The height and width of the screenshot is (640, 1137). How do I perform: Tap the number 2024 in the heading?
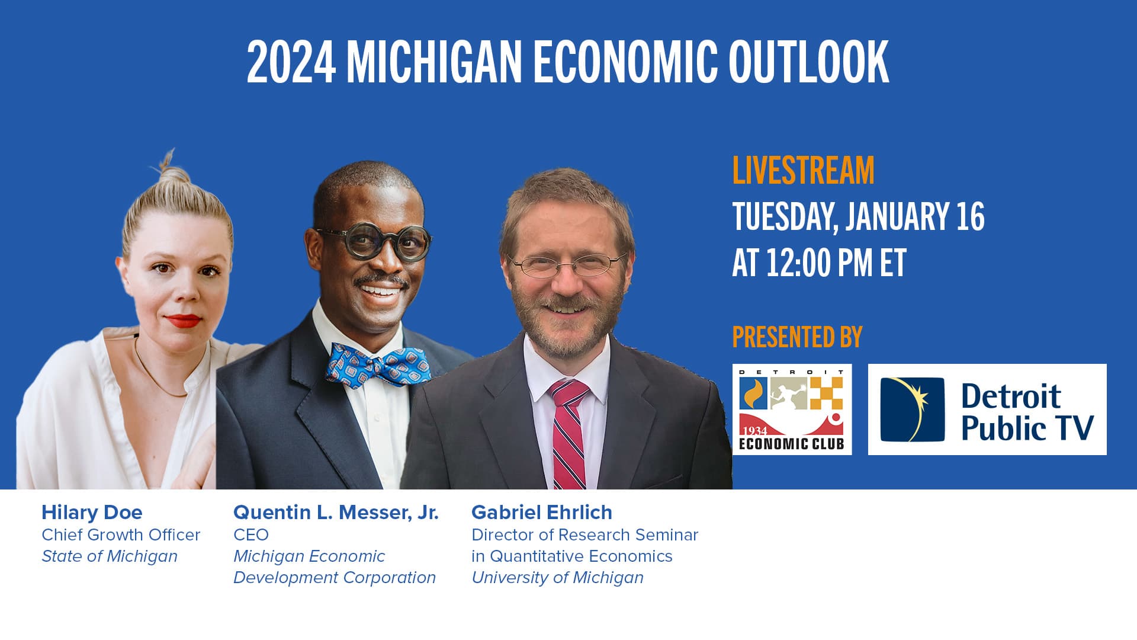291,62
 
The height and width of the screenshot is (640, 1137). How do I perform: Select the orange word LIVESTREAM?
803,170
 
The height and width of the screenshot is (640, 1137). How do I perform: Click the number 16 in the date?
970,216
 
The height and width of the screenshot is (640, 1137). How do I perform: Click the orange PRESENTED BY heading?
797,337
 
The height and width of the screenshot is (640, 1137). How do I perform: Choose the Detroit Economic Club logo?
792,409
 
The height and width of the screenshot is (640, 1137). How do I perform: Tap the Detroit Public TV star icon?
912,409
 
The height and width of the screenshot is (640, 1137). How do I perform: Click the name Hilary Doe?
92,512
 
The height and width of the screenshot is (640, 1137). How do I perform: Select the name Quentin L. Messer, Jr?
336,512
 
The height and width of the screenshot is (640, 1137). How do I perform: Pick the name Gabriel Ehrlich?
541,512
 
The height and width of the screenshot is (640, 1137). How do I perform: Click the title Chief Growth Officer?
121,535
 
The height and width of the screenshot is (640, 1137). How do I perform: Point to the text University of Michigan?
557,577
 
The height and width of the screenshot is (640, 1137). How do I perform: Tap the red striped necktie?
568,433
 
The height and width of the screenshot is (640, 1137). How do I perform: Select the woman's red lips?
182,321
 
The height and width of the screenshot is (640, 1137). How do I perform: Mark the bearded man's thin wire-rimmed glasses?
567,264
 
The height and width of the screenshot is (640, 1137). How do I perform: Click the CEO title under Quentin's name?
251,535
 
